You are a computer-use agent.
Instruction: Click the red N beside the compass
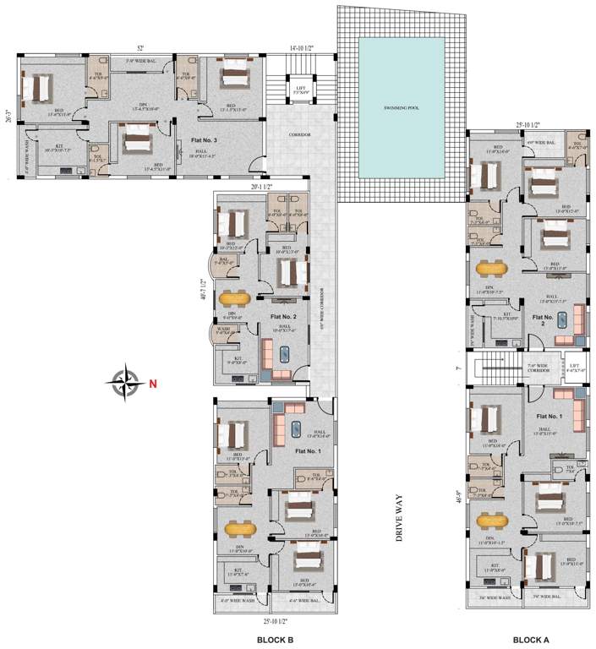(152, 384)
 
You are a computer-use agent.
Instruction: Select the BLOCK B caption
(275, 640)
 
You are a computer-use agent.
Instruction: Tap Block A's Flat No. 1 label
(549, 417)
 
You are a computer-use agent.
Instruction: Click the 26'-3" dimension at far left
(8, 115)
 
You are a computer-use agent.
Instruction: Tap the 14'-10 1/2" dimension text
(300, 48)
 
